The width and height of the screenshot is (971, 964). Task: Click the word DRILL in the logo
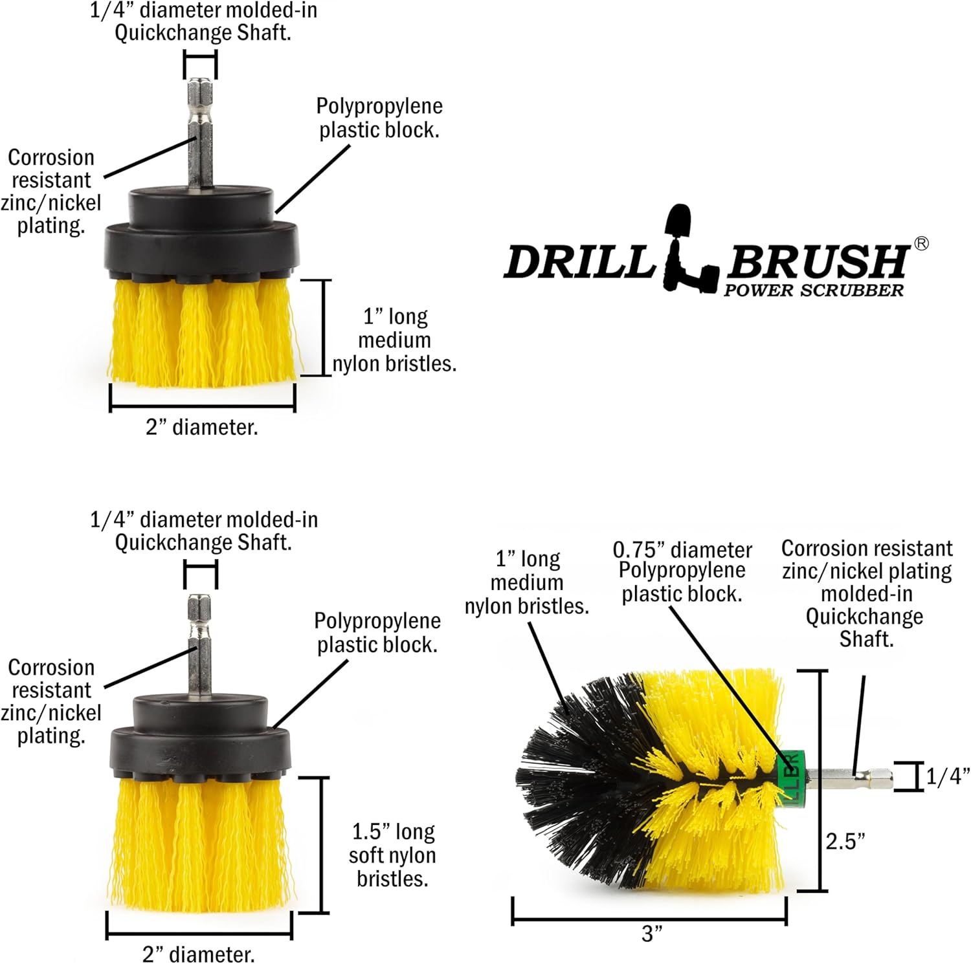(578, 262)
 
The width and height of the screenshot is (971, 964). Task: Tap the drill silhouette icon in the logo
(687, 249)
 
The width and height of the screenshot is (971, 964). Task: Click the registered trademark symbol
(921, 243)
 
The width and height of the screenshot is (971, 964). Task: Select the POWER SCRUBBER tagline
(813, 290)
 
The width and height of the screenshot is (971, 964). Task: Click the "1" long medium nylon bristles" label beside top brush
(394, 340)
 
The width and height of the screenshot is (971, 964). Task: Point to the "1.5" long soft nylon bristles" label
(392, 855)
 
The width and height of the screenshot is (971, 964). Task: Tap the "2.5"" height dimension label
(845, 841)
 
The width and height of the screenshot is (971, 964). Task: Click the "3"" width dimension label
(652, 934)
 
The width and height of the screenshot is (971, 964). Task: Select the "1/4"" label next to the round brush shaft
(947, 776)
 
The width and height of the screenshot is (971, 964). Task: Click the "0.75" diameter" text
(682, 550)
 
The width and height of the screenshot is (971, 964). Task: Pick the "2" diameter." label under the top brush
(202, 428)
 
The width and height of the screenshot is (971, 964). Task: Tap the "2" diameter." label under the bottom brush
(199, 954)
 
